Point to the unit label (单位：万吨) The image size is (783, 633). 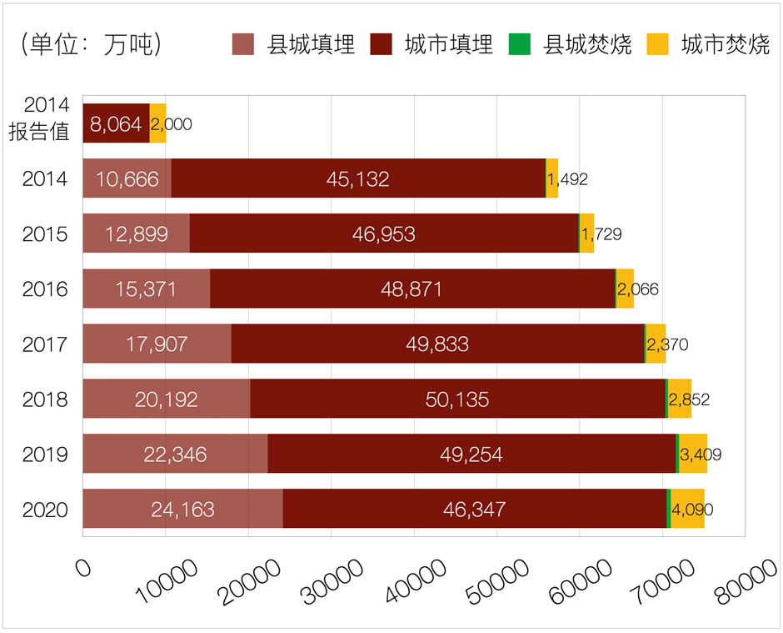(x=91, y=44)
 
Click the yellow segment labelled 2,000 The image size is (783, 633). (x=157, y=124)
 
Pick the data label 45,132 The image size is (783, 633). (x=358, y=179)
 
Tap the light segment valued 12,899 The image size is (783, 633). (x=137, y=234)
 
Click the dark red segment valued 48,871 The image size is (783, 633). (x=411, y=289)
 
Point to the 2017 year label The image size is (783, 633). (x=45, y=344)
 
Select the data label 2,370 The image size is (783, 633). (x=667, y=344)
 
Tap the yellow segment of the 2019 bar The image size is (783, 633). (x=692, y=454)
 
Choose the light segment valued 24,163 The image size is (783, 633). (x=182, y=509)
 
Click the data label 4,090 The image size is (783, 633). (x=692, y=509)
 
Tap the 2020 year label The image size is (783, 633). (x=45, y=509)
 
